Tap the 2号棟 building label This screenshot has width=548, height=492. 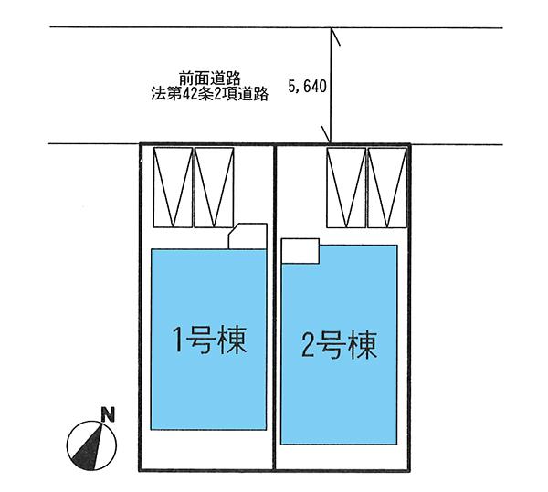[x=339, y=345]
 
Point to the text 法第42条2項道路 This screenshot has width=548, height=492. [x=209, y=94]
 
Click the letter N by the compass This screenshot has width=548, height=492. [x=108, y=415]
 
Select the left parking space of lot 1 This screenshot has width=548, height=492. [x=173, y=187]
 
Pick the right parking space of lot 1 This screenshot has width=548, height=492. [x=215, y=187]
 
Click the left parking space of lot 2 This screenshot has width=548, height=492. [x=346, y=187]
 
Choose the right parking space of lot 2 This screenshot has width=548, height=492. [x=388, y=187]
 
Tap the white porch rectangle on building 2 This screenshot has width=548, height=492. [x=299, y=250]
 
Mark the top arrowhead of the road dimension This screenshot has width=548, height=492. [x=332, y=37]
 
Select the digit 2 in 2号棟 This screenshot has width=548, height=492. [x=309, y=345]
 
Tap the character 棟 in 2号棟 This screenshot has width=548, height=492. [x=363, y=345]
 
